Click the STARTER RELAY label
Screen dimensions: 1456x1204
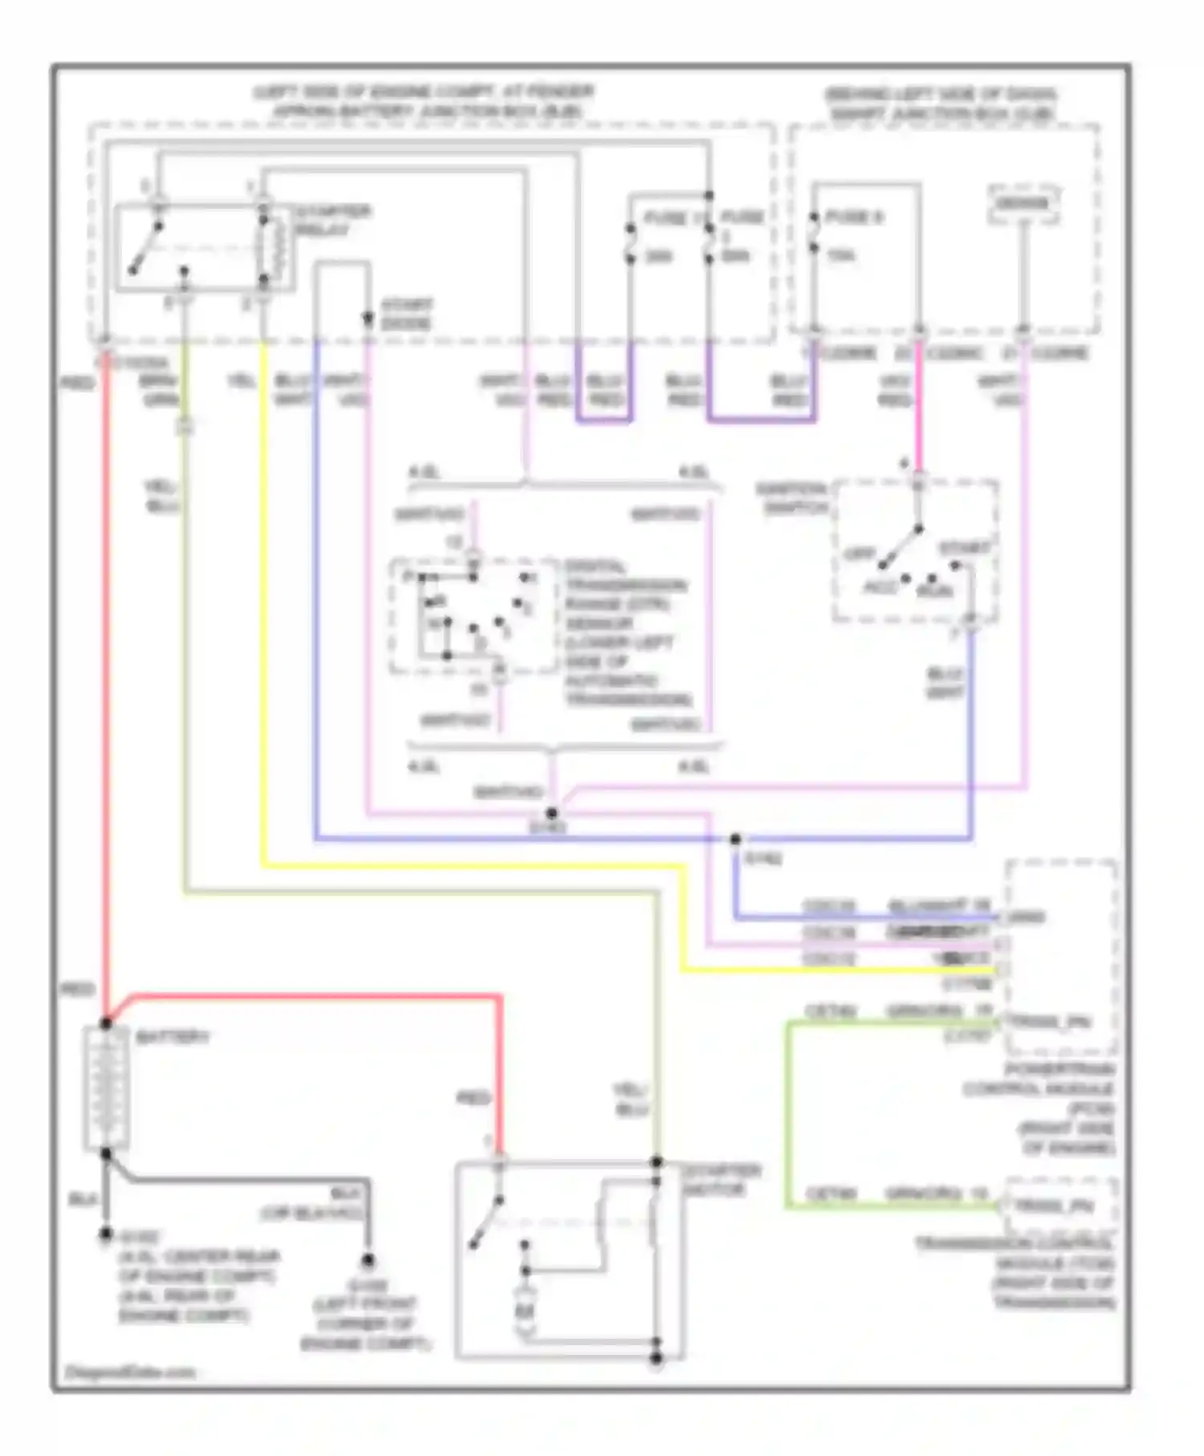click(x=331, y=221)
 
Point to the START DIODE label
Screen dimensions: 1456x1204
click(x=405, y=314)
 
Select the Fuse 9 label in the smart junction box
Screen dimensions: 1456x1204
click(x=853, y=217)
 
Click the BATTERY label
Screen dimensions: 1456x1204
click(x=172, y=1037)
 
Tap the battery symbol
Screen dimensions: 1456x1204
click(x=106, y=1088)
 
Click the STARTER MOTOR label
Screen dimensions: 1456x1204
click(x=720, y=1180)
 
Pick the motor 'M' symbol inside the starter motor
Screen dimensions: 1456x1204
click(x=524, y=1312)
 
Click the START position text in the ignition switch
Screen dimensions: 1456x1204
click(x=964, y=548)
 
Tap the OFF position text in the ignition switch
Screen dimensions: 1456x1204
click(x=859, y=555)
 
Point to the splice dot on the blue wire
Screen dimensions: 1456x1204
click(x=735, y=839)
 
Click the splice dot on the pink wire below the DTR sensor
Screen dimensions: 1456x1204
click(x=551, y=813)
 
